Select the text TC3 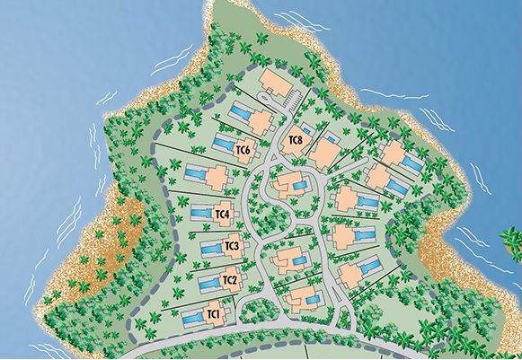[x=231, y=246]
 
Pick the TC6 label [x=242, y=151]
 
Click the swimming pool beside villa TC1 [x=191, y=318]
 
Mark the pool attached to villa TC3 [x=211, y=249]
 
